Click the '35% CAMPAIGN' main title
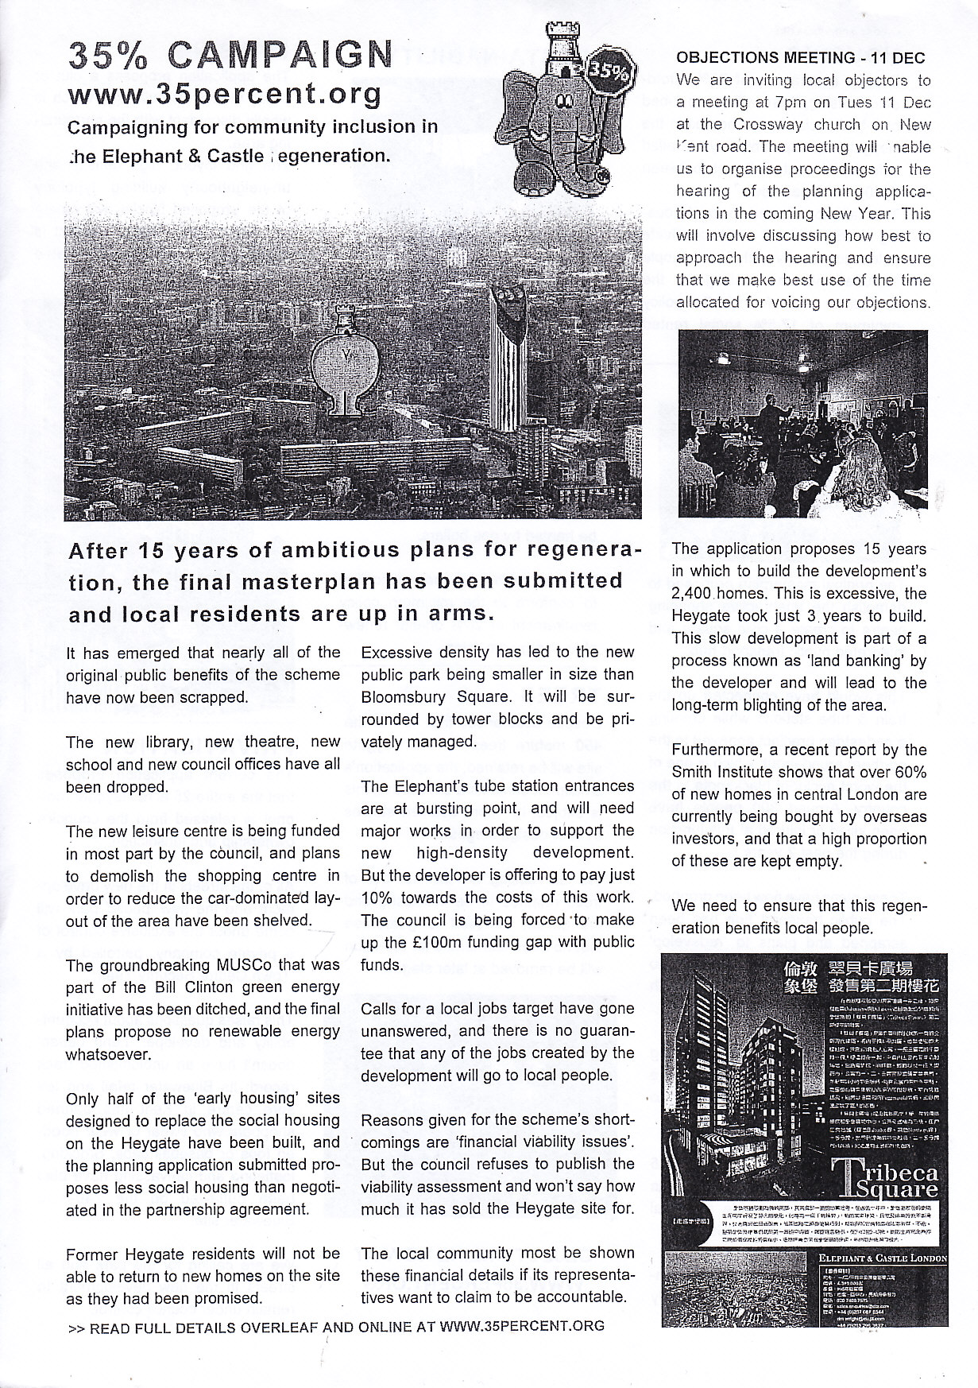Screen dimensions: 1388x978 pos(230,56)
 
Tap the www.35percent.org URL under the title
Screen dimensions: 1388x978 pos(226,95)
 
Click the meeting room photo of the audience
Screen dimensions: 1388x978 pos(803,424)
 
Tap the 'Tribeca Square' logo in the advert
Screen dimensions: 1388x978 pos(882,1180)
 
